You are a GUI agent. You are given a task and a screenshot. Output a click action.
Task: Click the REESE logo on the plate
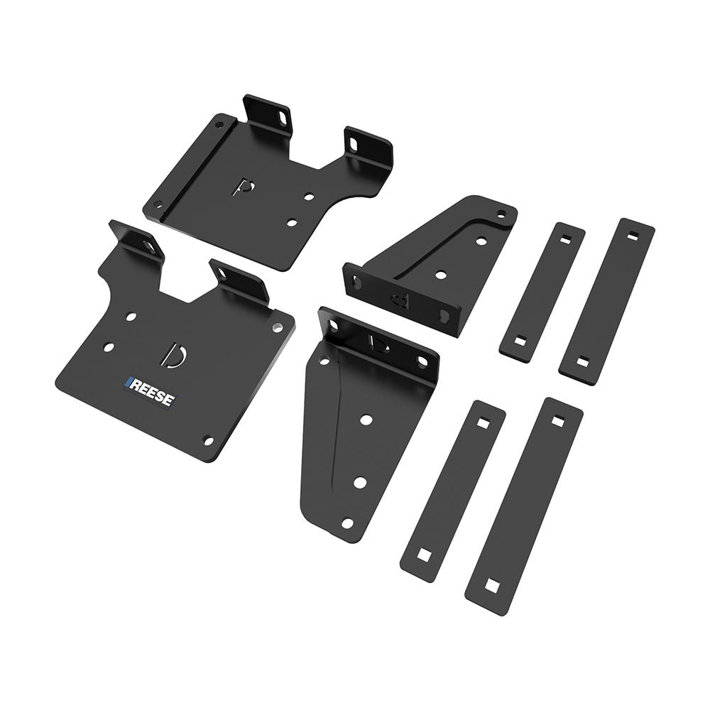pyautogui.click(x=151, y=392)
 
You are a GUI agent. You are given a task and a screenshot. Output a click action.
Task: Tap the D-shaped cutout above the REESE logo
pyautogui.click(x=173, y=355)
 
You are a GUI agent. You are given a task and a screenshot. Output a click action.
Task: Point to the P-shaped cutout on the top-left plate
pyautogui.click(x=244, y=187)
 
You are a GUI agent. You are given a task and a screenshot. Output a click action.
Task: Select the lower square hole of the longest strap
pyautogui.click(x=491, y=586)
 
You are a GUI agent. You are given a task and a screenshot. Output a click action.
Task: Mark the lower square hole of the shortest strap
pyautogui.click(x=518, y=342)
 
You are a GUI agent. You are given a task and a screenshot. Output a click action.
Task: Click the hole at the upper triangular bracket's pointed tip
pyautogui.click(x=501, y=212)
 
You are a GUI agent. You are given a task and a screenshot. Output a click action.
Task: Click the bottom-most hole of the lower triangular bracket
pyautogui.click(x=347, y=523)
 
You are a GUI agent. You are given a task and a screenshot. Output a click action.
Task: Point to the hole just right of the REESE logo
pyautogui.click(x=208, y=440)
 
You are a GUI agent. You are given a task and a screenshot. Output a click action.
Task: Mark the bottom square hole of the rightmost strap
pyautogui.click(x=582, y=362)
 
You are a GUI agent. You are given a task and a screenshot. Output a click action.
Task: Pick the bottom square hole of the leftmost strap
pyautogui.click(x=425, y=554)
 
